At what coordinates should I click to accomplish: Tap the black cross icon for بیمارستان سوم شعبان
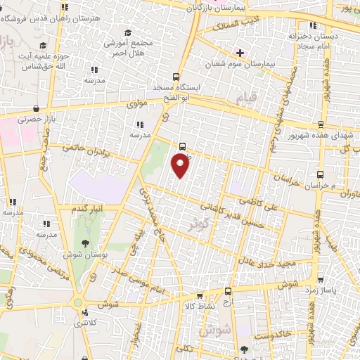tap(240, 53)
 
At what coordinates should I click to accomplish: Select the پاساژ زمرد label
tap(330, 289)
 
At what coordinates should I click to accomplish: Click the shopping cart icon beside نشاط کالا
tap(200, 296)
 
